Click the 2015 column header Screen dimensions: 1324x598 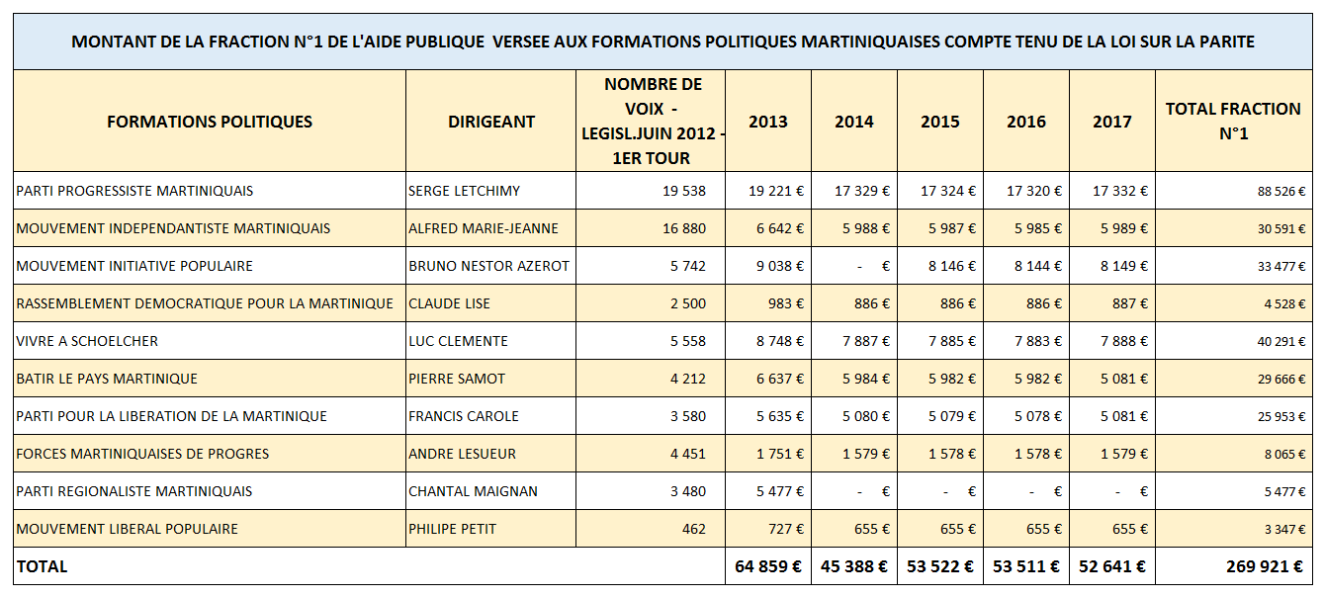pyautogui.click(x=939, y=122)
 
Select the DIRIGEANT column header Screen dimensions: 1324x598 pyautogui.click(x=491, y=122)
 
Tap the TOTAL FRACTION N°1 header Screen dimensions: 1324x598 pyautogui.click(x=1233, y=122)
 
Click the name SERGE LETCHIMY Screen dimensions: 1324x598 pyautogui.click(x=464, y=191)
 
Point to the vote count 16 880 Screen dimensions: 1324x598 pyautogui.click(x=684, y=228)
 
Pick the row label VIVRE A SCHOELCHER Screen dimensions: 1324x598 pyautogui.click(x=87, y=342)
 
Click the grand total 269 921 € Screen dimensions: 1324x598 pyautogui.click(x=1265, y=566)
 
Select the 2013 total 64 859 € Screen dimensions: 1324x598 pyautogui.click(x=768, y=566)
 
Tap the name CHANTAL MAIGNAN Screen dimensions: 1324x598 pyautogui.click(x=473, y=491)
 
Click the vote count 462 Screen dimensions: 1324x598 pyautogui.click(x=694, y=529)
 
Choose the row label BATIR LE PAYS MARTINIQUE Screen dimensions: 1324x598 pyautogui.click(x=107, y=379)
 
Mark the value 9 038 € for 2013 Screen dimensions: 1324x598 pyautogui.click(x=780, y=266)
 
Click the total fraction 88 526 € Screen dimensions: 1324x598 pyautogui.click(x=1281, y=192)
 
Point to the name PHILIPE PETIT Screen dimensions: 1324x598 pyautogui.click(x=452, y=529)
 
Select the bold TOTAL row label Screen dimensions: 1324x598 pyautogui.click(x=42, y=566)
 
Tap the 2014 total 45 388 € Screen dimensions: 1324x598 pyautogui.click(x=854, y=566)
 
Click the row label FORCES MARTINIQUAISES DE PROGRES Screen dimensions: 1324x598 pyautogui.click(x=142, y=454)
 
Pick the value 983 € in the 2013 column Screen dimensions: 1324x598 pyautogui.click(x=786, y=303)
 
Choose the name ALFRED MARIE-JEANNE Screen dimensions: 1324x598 pyautogui.click(x=483, y=228)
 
